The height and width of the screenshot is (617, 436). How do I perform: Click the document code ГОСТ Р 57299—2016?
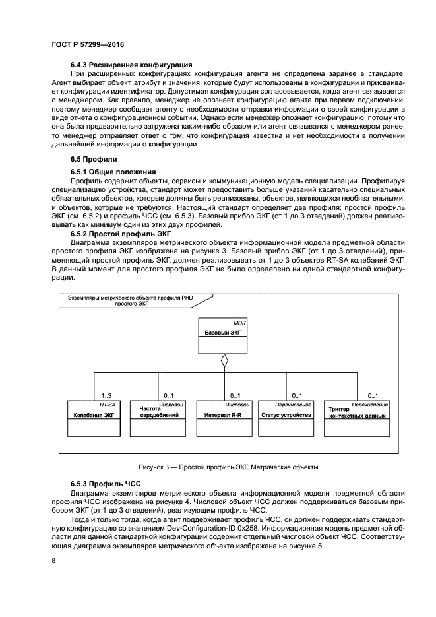(88, 44)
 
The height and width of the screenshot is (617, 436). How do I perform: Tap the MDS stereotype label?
(239, 323)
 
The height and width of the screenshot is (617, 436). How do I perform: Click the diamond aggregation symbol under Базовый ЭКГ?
(224, 361)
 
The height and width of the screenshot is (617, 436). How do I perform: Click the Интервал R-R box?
(224, 418)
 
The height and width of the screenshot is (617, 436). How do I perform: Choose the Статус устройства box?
(286, 418)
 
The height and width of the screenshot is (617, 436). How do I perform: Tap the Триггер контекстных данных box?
(357, 418)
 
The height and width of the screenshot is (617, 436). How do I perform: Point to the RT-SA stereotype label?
(108, 404)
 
